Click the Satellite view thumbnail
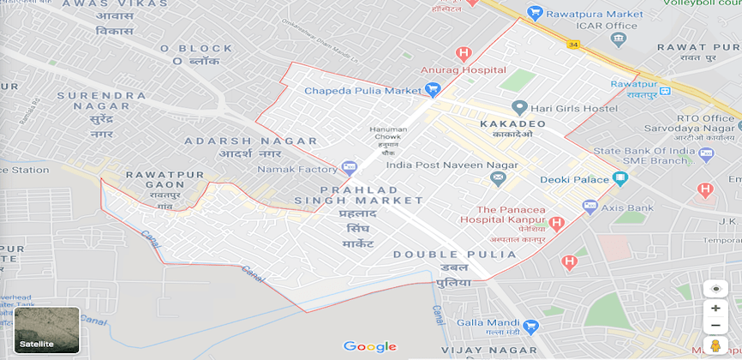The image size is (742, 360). tap(47, 330)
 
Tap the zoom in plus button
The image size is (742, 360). tap(715, 308)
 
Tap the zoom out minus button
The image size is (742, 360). tap(715, 326)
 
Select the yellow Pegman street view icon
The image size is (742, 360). tap(715, 346)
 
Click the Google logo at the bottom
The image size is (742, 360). tap(370, 346)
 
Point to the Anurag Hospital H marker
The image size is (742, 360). tap(464, 53)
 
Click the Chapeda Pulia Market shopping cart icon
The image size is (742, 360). tap(433, 89)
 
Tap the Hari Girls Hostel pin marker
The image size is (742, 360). tap(518, 108)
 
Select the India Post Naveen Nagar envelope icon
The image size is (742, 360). tap(498, 178)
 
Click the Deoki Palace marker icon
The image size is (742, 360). tap(620, 178)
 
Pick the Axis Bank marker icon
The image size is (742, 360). tap(589, 206)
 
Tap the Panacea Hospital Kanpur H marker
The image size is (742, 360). tap(557, 224)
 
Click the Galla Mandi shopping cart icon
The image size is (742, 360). tap(530, 327)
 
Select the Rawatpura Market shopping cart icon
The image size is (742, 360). tap(536, 13)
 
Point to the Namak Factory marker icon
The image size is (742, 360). tap(349, 168)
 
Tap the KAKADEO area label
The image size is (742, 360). tap(512, 124)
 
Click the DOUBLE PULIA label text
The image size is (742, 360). tap(455, 255)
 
